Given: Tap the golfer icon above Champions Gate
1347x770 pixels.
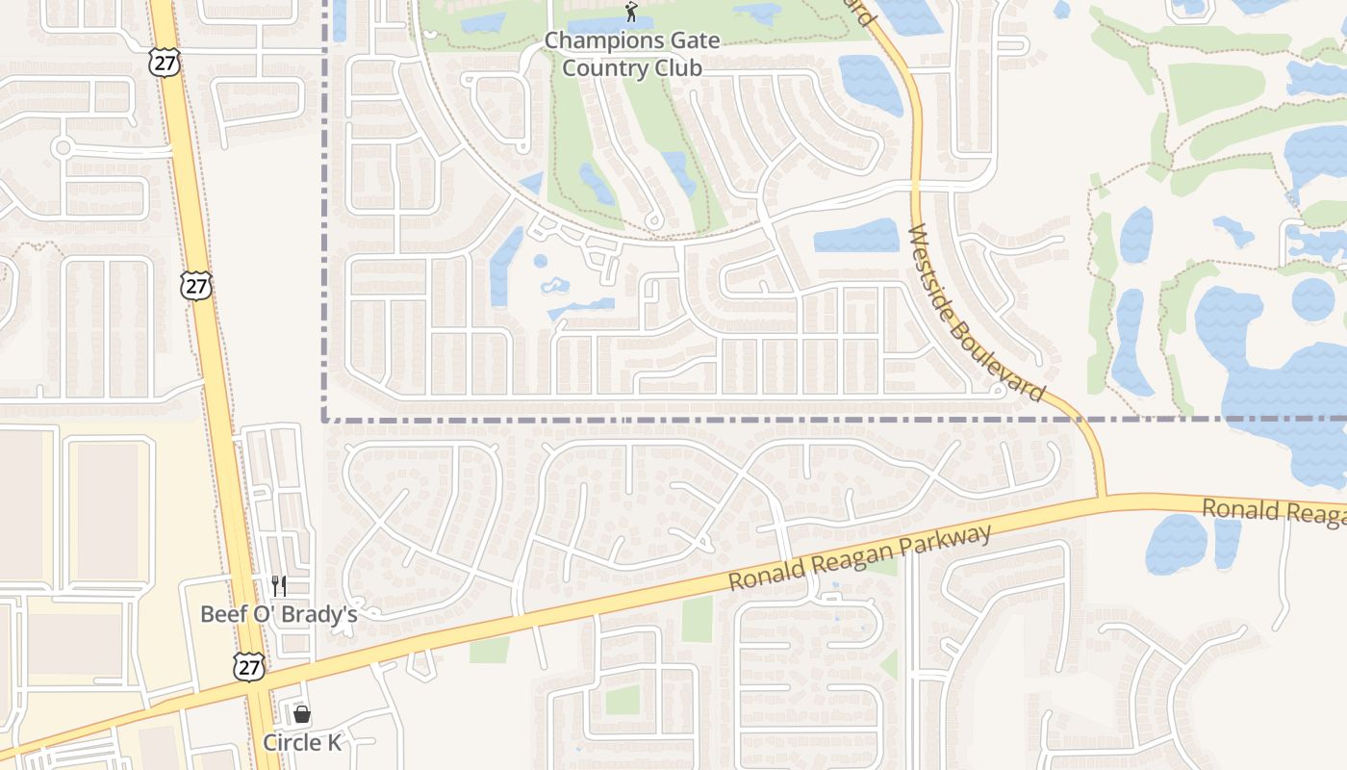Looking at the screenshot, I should click(631, 13).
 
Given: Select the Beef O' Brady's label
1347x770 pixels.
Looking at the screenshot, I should click(278, 614).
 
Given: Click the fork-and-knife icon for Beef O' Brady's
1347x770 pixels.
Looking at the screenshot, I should click(278, 585).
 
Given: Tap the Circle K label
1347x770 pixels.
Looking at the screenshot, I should click(302, 743).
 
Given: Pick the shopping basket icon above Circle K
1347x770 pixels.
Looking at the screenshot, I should click(302, 714).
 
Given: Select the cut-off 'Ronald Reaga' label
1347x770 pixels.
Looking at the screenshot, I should click(1274, 512).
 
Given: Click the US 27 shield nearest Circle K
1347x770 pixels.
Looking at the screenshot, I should click(249, 667).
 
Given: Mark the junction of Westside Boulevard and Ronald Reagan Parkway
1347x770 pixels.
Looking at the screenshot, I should click(1102, 498).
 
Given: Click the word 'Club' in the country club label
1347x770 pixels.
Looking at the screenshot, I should click(674, 67).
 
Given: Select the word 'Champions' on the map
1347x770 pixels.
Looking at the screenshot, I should click(592, 40).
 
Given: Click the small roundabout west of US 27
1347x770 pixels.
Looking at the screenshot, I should click(64, 147).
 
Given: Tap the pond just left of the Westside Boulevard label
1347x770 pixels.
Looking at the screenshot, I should click(855, 236).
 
